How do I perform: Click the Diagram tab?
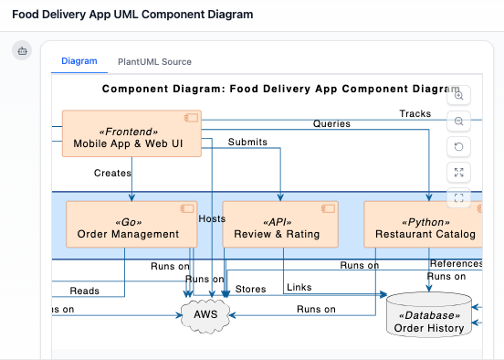pyautogui.click(x=79, y=61)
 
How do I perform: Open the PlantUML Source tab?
pyautogui.click(x=154, y=62)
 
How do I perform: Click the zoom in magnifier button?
pyautogui.click(x=459, y=95)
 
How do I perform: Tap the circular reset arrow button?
pyautogui.click(x=459, y=146)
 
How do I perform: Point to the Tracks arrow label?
pyautogui.click(x=415, y=113)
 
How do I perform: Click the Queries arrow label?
pyautogui.click(x=331, y=123)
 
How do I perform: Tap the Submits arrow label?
pyautogui.click(x=247, y=143)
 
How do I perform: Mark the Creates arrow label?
pyautogui.click(x=112, y=173)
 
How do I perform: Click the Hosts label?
pyautogui.click(x=211, y=219)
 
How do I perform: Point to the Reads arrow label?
pyautogui.click(x=85, y=291)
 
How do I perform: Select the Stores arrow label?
pyautogui.click(x=250, y=290)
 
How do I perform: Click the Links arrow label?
pyautogui.click(x=299, y=288)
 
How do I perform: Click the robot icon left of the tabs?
pyautogui.click(x=22, y=52)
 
